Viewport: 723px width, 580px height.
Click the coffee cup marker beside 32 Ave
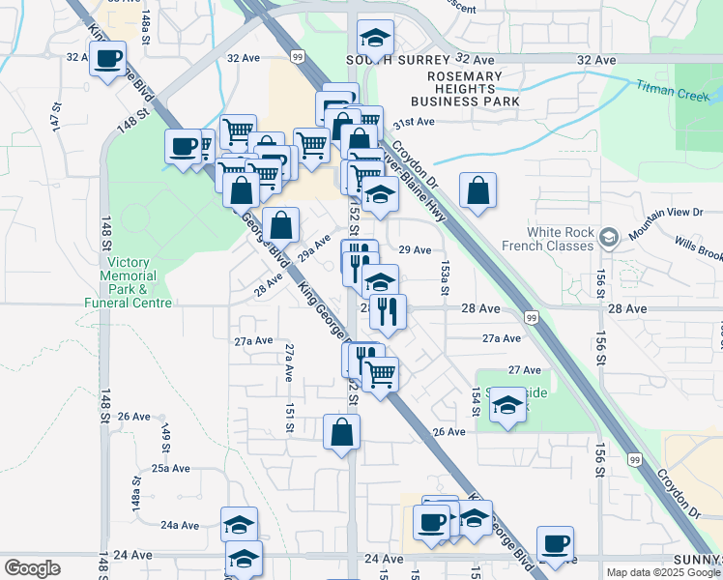coord(108,60)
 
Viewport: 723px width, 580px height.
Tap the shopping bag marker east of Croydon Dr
coord(477,190)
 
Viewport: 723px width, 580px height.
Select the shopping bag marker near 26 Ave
coord(342,432)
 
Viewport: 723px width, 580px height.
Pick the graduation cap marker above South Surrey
coord(375,38)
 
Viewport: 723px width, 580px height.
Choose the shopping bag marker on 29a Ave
coord(280,226)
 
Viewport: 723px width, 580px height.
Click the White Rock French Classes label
coord(561,239)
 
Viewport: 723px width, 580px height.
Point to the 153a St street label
coord(445,272)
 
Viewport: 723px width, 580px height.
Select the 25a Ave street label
coord(170,468)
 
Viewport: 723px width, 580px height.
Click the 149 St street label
coord(165,437)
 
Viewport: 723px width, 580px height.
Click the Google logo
coord(32,567)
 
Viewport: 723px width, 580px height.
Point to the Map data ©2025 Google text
coord(662,572)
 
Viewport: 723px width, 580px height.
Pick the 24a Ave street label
coord(180,525)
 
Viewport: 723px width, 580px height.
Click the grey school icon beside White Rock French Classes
coord(609,237)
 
